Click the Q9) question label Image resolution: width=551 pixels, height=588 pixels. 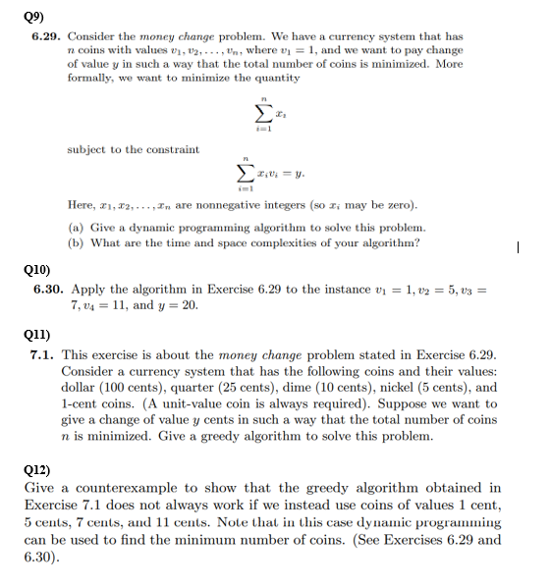(33, 15)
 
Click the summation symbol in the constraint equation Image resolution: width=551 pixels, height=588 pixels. (258, 174)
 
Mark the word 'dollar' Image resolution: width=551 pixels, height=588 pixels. (81, 387)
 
